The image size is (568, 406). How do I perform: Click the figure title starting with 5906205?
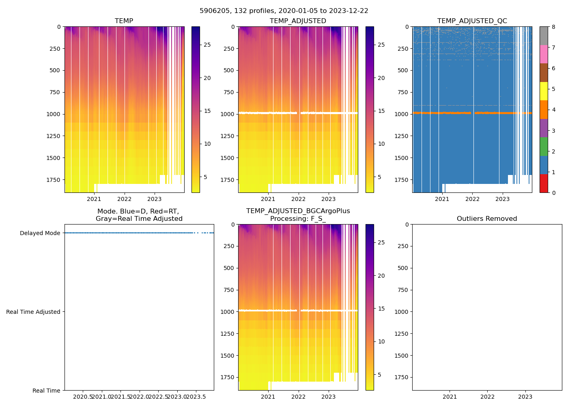(284, 11)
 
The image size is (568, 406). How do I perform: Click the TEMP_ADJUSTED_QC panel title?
(472, 21)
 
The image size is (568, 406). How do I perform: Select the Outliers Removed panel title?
(487, 218)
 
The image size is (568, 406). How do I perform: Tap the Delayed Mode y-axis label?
(40, 233)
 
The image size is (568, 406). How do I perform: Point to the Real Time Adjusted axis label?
(33, 312)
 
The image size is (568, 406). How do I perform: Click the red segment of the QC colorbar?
(544, 183)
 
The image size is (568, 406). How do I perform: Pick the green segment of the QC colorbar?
(544, 146)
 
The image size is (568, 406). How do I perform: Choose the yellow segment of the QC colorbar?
(544, 91)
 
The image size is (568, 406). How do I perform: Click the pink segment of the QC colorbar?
(544, 54)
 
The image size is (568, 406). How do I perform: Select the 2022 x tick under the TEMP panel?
(125, 199)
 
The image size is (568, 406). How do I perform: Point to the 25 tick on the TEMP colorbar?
(207, 45)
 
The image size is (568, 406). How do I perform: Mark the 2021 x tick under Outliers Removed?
(450, 397)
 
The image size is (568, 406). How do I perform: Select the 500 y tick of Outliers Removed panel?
(403, 268)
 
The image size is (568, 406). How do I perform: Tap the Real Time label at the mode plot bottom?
(46, 391)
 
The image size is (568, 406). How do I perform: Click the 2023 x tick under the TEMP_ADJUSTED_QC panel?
(503, 199)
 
